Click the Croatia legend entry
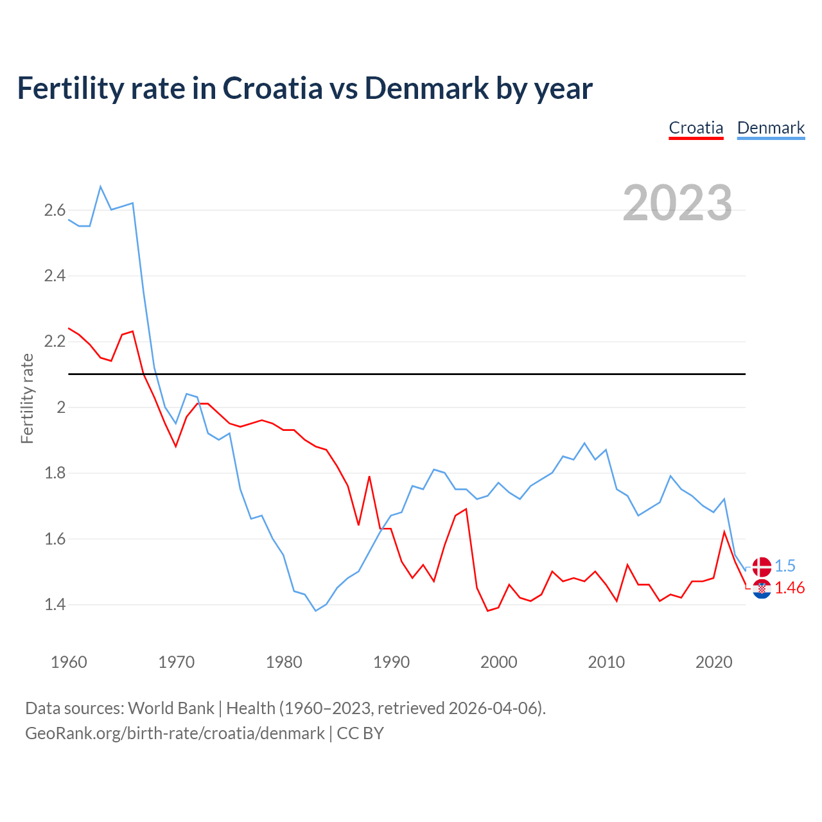(696, 128)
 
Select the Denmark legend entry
(771, 128)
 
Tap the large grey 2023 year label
(678, 203)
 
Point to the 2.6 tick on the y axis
(55, 210)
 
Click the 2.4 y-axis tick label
(55, 276)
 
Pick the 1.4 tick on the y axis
(55, 604)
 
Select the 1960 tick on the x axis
(69, 662)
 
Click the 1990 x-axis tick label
(391, 662)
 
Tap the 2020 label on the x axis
(713, 662)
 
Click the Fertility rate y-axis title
(27, 398)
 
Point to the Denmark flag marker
(762, 566)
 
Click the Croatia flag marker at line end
(762, 588)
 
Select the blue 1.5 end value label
(785, 566)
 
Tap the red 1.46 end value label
(789, 588)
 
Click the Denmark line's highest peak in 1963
(101, 187)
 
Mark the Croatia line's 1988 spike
(369, 477)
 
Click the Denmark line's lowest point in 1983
(315, 611)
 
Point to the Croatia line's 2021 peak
(724, 532)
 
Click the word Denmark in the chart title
(426, 89)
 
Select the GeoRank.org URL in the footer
(175, 733)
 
